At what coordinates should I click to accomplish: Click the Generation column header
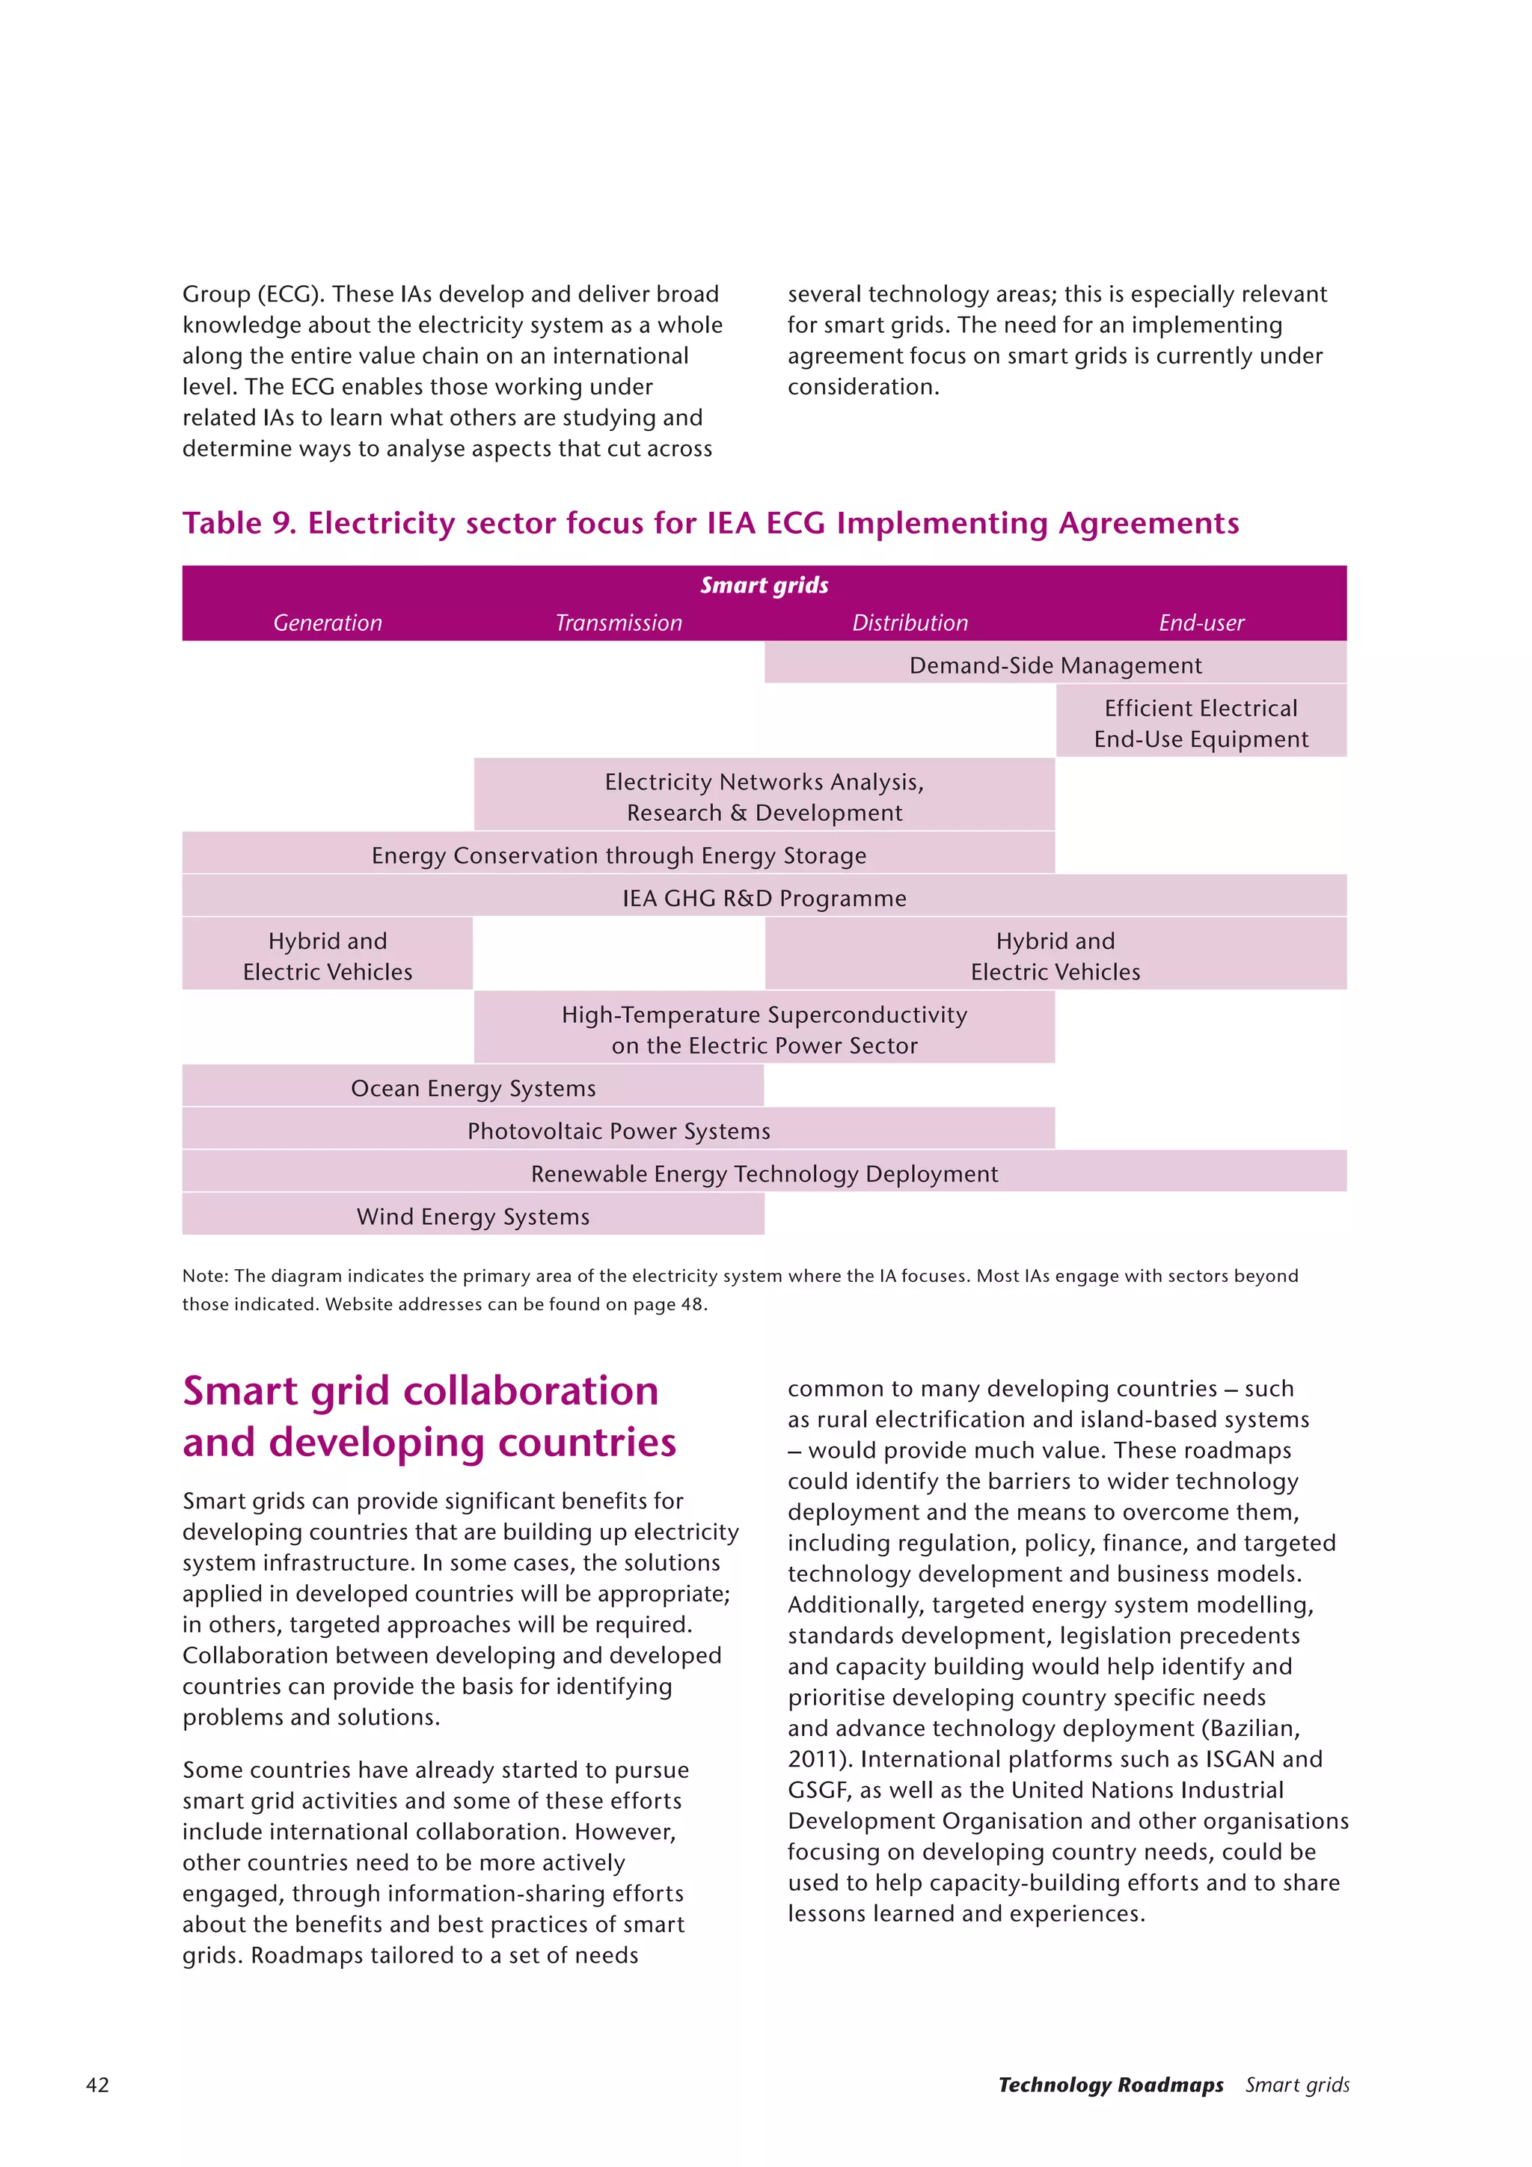pos(328,623)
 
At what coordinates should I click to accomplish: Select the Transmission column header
pos(618,623)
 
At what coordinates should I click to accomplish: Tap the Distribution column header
pos(910,623)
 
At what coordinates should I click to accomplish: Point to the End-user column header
pos(1201,623)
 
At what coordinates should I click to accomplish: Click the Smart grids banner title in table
pos(764,585)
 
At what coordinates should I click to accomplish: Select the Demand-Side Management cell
pos(1055,665)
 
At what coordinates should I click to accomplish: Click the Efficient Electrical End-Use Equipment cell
pos(1201,723)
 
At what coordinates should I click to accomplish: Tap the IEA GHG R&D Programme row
pos(764,898)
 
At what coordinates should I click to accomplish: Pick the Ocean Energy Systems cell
pos(473,1088)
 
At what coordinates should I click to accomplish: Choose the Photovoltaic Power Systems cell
pos(618,1131)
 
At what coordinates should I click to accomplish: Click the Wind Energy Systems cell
pos(473,1217)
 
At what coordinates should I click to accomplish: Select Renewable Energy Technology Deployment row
pos(764,1173)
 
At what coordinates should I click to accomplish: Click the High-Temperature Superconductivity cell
pos(764,1029)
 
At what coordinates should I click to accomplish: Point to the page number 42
pos(97,2085)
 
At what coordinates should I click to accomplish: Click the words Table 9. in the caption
pos(239,523)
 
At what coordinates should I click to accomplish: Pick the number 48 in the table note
pos(691,1304)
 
